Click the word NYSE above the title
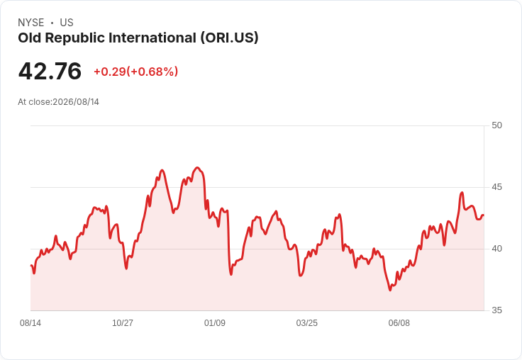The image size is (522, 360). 31,23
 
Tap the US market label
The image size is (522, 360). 67,23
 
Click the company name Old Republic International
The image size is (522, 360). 107,38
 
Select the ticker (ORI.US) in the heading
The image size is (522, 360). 229,38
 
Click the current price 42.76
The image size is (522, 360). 50,71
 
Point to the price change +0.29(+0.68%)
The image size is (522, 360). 136,72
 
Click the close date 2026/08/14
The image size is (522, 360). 76,102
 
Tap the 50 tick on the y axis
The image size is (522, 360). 496,125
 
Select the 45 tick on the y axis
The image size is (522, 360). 496,187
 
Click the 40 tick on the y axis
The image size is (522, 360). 496,249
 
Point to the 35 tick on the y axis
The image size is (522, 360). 496,310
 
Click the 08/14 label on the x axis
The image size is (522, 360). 30,323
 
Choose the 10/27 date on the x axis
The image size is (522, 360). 123,323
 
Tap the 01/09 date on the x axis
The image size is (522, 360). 215,323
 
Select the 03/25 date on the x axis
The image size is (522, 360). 307,323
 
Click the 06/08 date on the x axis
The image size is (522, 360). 399,323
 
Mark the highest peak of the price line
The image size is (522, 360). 197,168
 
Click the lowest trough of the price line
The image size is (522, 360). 390,290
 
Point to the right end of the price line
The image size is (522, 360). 484,215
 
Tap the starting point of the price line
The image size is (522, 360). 31,266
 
